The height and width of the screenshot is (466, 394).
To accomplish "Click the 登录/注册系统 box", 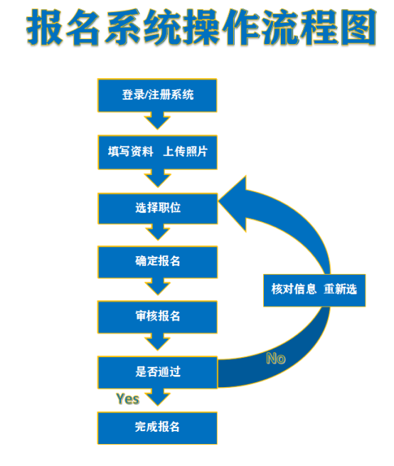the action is pos(157,95).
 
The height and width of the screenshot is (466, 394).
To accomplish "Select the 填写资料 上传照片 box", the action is pos(157,152).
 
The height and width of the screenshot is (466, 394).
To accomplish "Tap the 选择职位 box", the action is pos(158,208).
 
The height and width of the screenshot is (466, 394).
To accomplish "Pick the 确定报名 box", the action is pos(157,262).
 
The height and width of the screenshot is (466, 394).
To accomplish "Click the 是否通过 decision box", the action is pos(158,372).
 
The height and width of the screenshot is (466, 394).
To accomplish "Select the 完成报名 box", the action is pos(157,428).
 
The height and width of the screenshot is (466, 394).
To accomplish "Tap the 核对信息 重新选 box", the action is pos(314,290).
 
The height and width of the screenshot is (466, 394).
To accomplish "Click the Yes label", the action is pos(128,399).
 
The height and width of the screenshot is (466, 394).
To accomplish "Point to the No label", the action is pos(276,359).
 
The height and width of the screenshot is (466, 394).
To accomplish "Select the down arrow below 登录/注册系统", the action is pos(157,121).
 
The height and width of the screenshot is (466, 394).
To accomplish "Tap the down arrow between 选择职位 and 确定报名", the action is pos(158,232).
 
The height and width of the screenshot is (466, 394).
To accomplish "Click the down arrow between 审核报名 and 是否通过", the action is pos(157,341).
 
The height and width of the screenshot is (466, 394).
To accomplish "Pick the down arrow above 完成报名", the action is pos(158,397).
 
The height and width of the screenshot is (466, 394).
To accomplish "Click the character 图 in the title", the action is pos(358,27).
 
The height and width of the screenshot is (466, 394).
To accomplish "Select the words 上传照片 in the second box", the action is pos(186,152).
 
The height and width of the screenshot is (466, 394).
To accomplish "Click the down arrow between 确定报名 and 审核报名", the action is pos(157,287).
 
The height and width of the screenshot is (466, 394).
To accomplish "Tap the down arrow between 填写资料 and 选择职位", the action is pos(158,179).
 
